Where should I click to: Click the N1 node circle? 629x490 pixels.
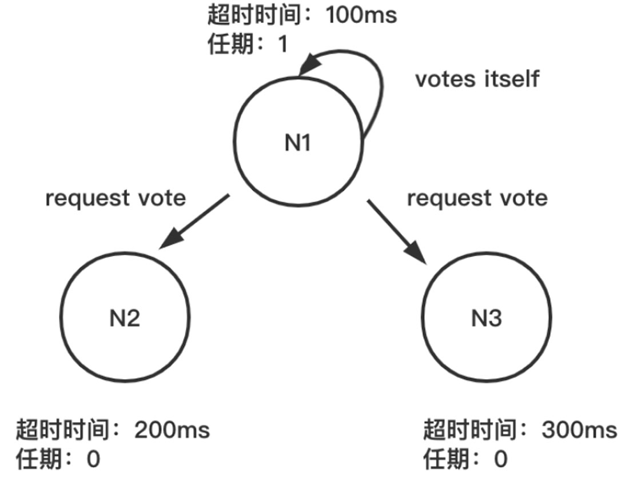pyautogui.click(x=298, y=143)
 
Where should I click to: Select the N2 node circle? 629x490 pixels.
pyautogui.click(x=125, y=318)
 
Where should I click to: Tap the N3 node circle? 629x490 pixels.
pyautogui.click(x=486, y=318)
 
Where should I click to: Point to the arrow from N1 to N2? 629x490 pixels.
pyautogui.click(x=194, y=221)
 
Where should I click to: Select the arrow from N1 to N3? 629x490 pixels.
pyautogui.click(x=397, y=231)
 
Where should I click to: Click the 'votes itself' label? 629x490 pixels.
pyautogui.click(x=477, y=79)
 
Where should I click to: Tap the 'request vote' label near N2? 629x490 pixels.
pyautogui.click(x=116, y=198)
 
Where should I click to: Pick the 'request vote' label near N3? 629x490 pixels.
pyautogui.click(x=477, y=198)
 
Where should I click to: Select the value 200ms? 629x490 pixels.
pyautogui.click(x=172, y=429)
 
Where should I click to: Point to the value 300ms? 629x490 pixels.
pyautogui.click(x=579, y=429)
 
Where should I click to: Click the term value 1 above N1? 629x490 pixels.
pyautogui.click(x=282, y=45)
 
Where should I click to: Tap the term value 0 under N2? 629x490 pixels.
pyautogui.click(x=93, y=459)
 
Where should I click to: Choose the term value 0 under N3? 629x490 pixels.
pyautogui.click(x=500, y=459)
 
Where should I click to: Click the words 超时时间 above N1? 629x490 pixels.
pyautogui.click(x=253, y=15)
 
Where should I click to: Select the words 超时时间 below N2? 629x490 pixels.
pyautogui.click(x=62, y=429)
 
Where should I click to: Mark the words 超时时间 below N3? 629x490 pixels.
pyautogui.click(x=469, y=429)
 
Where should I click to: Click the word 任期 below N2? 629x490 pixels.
pyautogui.click(x=38, y=459)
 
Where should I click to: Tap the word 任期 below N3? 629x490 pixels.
pyautogui.click(x=446, y=459)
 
